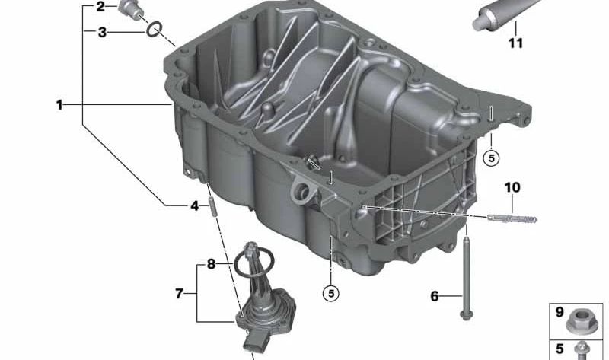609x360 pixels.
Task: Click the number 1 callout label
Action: click(59, 105)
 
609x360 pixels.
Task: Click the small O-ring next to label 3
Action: click(154, 29)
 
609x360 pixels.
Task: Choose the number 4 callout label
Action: click(195, 205)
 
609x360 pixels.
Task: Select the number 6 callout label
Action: click(435, 296)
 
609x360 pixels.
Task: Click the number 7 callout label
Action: click(180, 293)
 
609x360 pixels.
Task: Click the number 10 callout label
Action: click(511, 186)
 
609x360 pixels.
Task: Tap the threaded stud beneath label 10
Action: click(512, 219)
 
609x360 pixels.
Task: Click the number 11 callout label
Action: click(515, 43)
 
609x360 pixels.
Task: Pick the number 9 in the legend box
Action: click(559, 312)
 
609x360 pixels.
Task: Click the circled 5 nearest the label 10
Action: click(492, 158)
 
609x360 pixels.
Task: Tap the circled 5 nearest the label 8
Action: click(330, 291)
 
